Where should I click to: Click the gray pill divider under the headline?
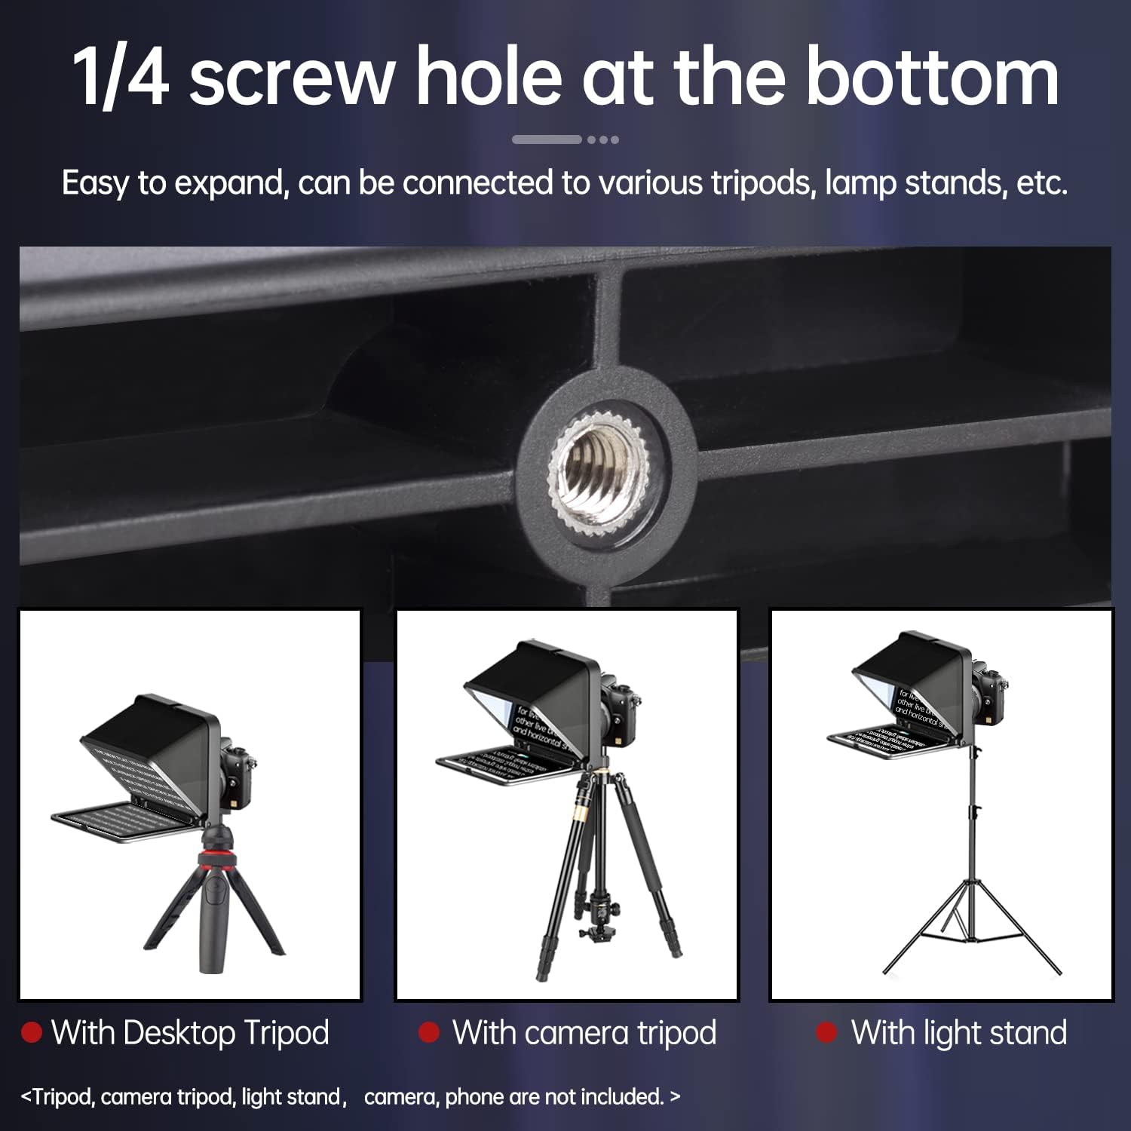pyautogui.click(x=547, y=139)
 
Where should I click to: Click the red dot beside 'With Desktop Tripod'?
pyautogui.click(x=31, y=1032)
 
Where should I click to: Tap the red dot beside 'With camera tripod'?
pyautogui.click(x=429, y=1032)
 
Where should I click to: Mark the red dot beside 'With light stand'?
pyautogui.click(x=826, y=1032)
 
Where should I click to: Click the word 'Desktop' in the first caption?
pyautogui.click(x=180, y=1033)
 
